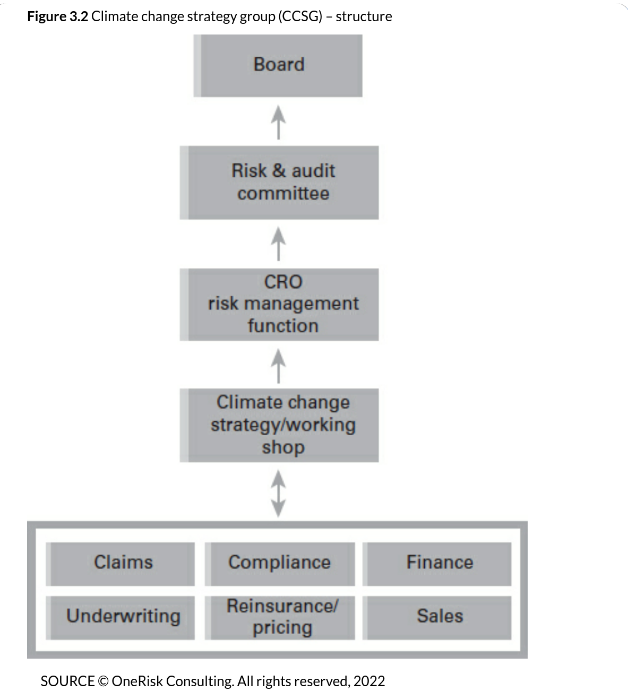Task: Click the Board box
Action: tap(278, 65)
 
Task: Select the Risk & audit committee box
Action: tap(279, 183)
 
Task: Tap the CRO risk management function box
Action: tap(279, 305)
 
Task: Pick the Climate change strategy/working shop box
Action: tap(279, 425)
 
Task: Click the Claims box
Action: tap(121, 564)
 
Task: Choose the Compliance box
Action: tap(280, 564)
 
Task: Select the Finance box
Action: tap(437, 564)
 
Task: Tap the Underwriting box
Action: tap(121, 618)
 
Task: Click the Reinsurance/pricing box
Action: tap(280, 618)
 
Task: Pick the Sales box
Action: tap(437, 618)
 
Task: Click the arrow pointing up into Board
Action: tap(279, 122)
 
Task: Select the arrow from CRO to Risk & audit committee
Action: tap(279, 244)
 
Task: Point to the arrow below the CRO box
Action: tap(279, 366)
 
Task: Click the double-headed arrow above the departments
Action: tap(279, 494)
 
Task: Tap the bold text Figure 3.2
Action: tap(57, 16)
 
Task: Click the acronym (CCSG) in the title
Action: tap(300, 16)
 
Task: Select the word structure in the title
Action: tap(364, 16)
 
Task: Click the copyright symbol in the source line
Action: tap(103, 681)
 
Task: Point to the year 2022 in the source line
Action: tap(369, 681)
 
